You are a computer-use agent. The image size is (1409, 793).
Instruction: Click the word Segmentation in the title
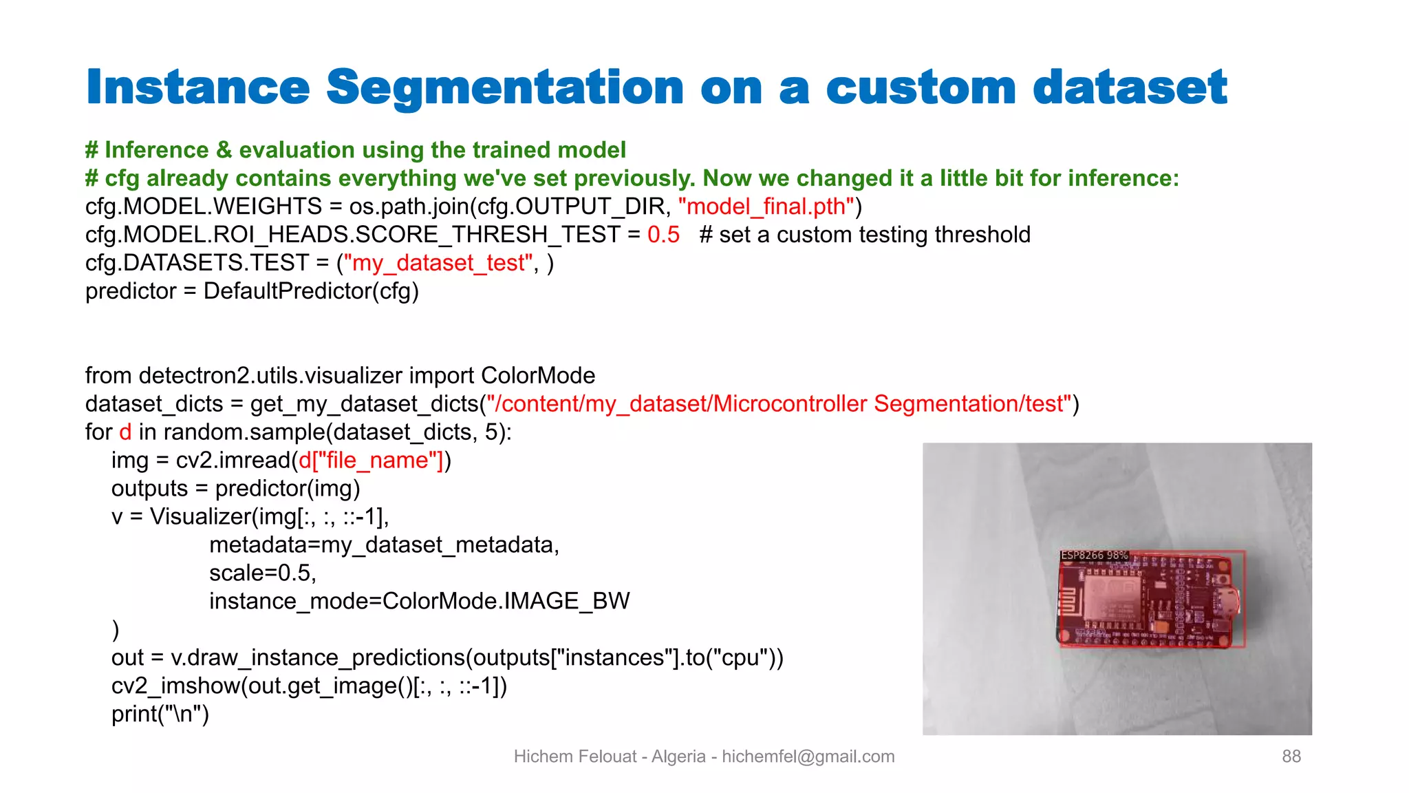(x=504, y=88)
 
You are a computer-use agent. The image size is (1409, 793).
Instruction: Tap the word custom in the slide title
(x=921, y=88)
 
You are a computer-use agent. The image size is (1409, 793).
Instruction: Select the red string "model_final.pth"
(x=766, y=207)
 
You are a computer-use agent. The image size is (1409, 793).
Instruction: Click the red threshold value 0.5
(x=663, y=235)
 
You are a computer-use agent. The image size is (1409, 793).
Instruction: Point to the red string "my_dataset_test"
(x=438, y=263)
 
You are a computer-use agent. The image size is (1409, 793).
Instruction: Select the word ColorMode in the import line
(x=537, y=376)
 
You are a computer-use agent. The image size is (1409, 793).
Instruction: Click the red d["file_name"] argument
(x=371, y=461)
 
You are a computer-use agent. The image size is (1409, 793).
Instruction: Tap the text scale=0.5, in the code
(x=263, y=573)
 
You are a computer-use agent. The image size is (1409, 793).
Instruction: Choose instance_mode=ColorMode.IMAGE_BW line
(x=419, y=602)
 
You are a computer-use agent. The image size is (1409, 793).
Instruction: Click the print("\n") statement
(x=160, y=715)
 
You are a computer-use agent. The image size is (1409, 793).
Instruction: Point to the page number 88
(x=1291, y=757)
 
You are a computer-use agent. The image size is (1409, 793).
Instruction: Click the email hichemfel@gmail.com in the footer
(x=808, y=757)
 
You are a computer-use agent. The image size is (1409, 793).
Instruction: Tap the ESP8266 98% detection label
(x=1094, y=556)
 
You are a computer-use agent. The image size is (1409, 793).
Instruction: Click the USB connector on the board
(x=1227, y=600)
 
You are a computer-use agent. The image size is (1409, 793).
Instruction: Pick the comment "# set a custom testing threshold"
(x=864, y=235)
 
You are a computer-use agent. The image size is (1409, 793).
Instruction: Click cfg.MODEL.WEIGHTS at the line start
(x=203, y=207)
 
